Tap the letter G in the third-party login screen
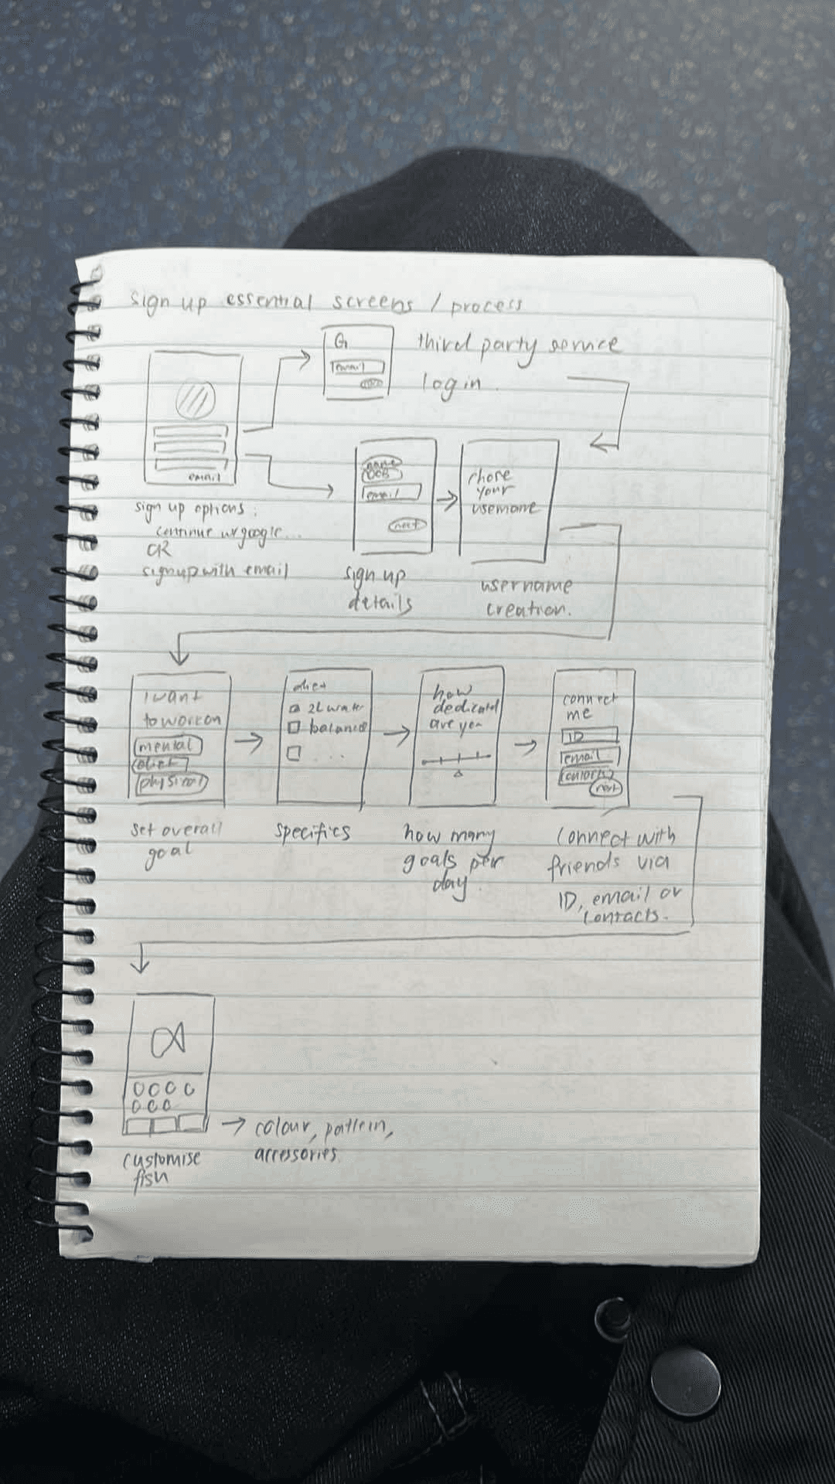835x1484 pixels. click(x=341, y=342)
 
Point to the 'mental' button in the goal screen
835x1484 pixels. click(x=167, y=746)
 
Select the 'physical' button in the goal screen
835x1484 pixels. click(x=172, y=783)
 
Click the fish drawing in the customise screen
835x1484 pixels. click(x=169, y=1040)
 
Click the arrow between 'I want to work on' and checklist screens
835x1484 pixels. click(x=248, y=742)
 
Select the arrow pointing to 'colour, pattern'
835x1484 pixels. click(x=233, y=1125)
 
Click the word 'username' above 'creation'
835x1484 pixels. click(x=526, y=586)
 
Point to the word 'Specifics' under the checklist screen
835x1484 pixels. click(x=312, y=832)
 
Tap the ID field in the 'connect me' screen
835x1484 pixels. click(x=590, y=737)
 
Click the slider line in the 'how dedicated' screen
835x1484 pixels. click(x=456, y=761)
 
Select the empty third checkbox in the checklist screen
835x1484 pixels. click(x=294, y=753)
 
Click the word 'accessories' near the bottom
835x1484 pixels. click(x=296, y=1155)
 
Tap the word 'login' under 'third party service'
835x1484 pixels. click(x=451, y=384)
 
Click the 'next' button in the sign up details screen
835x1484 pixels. click(x=407, y=525)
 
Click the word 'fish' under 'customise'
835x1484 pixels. click(x=149, y=1180)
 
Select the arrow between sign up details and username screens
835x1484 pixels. click(x=446, y=500)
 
